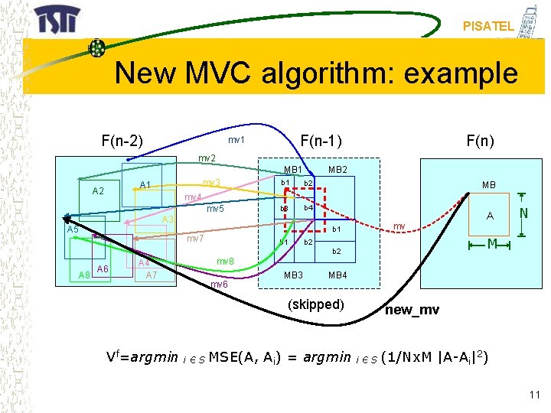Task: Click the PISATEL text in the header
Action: [488, 26]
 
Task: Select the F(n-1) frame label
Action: [321, 141]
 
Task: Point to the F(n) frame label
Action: [480, 141]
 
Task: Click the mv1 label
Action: [236, 140]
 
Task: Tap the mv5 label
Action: [215, 209]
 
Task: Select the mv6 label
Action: [219, 285]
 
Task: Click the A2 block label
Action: [98, 191]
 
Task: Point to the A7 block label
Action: [152, 275]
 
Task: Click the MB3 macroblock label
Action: [294, 275]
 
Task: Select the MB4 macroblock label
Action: [337, 275]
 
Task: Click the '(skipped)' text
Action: [315, 304]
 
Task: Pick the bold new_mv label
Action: [412, 310]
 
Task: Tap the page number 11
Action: [534, 394]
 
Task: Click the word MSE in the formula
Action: [223, 357]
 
